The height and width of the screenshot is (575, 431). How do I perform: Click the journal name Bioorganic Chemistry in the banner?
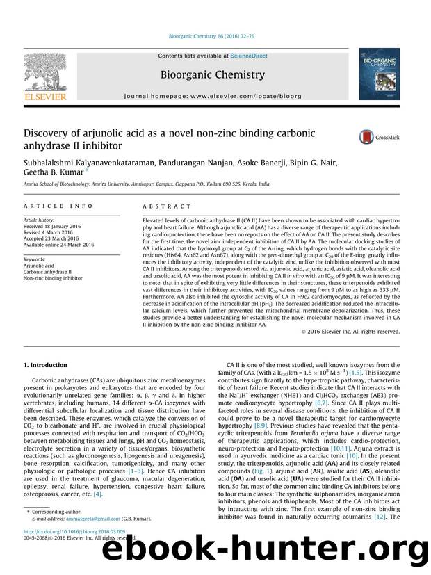(213, 74)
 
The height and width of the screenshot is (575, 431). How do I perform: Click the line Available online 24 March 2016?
(60, 245)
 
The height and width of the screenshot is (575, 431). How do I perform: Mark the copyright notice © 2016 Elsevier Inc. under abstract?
(353, 332)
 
